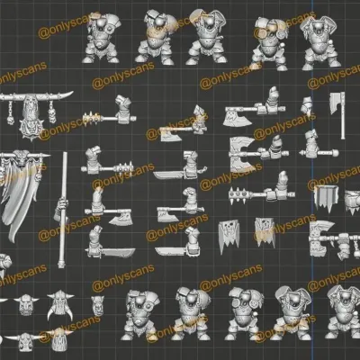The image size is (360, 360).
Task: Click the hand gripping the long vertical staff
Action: (x=62, y=207)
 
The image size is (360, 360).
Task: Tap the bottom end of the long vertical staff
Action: (x=61, y=266)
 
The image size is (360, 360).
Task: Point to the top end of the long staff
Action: (x=65, y=154)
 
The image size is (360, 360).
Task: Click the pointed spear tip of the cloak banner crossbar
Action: (x=48, y=156)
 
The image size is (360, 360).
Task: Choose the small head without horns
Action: (x=97, y=305)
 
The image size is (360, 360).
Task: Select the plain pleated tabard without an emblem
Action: (x=327, y=197)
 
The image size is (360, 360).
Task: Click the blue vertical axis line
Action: (x=312, y=180)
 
